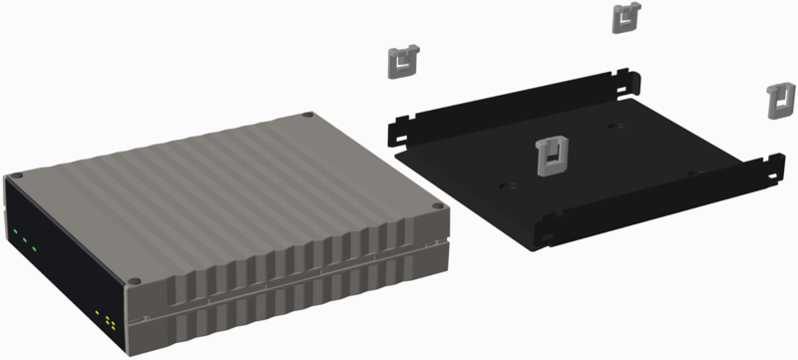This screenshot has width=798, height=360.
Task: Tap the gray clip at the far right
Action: pos(778,100)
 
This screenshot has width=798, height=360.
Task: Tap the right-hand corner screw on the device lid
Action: pos(435,206)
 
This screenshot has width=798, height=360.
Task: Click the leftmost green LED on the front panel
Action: pos(16,233)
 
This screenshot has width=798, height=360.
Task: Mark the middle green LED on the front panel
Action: pos(25,239)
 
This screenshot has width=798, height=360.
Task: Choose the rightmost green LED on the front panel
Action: pos(34,245)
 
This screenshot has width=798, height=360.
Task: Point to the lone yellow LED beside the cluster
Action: pos(97,313)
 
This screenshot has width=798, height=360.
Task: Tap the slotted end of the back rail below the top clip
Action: pos(629,75)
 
